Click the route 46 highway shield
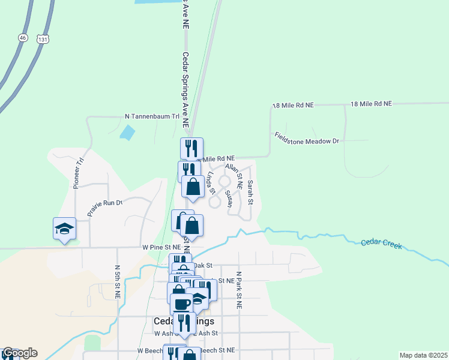point(23,37)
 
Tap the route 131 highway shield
point(41,38)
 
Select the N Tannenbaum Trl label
point(152,116)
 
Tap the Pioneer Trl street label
point(78,173)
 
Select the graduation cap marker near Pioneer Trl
point(64,229)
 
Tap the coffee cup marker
point(182,303)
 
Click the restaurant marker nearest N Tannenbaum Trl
point(191,148)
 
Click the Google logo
point(19,353)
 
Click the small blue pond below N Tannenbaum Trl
point(127,132)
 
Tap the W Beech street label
point(150,350)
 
